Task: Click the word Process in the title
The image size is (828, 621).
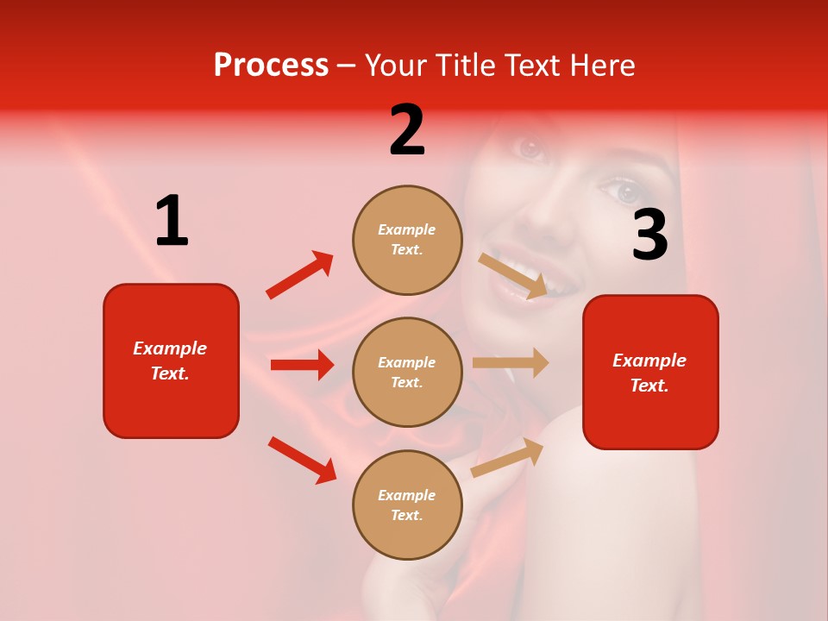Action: click(271, 66)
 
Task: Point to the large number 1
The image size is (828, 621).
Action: click(172, 222)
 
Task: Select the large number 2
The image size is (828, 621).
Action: click(407, 130)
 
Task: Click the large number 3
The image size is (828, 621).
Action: click(649, 235)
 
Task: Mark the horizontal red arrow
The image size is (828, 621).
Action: click(302, 365)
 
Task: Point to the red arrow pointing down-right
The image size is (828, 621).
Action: click(303, 460)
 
